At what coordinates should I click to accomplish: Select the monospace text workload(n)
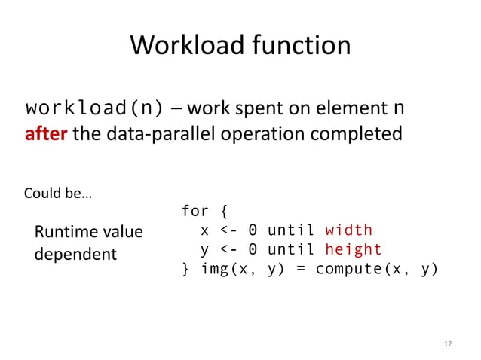tap(95, 108)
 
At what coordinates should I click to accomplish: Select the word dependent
tap(75, 253)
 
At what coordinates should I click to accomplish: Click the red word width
tap(348, 230)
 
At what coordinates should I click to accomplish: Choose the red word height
tap(353, 249)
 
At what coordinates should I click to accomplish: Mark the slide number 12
tap(448, 344)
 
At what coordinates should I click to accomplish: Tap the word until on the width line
tap(291, 230)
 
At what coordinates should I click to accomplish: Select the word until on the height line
tap(291, 249)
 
